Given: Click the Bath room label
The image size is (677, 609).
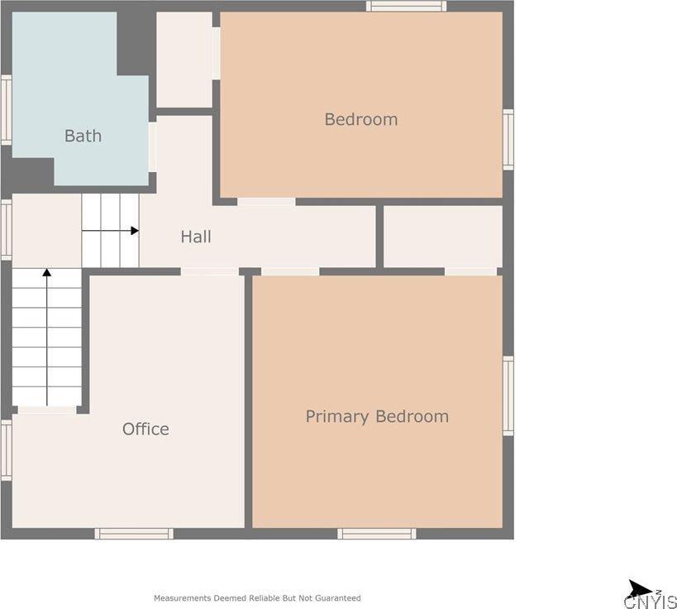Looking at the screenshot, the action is [83, 136].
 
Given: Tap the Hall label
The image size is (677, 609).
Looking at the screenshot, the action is [196, 237].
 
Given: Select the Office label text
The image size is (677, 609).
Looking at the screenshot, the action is [145, 429].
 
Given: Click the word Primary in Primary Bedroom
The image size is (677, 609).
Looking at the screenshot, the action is [337, 417].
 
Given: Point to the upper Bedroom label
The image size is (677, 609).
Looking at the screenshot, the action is [361, 119].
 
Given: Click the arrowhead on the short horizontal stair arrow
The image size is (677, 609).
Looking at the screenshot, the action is [135, 231].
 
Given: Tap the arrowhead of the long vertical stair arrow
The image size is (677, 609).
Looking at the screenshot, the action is [46, 272].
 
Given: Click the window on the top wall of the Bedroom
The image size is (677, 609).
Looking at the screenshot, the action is [407, 6].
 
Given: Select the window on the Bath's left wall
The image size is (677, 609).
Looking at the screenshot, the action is [6, 110].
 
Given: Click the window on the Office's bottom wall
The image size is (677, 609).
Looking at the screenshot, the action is [134, 534].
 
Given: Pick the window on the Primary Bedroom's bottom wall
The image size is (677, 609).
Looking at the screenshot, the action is [377, 534].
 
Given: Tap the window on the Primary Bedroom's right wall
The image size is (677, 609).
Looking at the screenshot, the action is [508, 396].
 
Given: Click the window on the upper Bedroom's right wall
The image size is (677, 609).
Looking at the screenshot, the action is [508, 140].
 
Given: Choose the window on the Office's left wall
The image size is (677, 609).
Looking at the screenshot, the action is [6, 450].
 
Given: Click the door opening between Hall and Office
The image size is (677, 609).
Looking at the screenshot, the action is [209, 271].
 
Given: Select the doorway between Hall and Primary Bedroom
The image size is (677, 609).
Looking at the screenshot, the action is [290, 271].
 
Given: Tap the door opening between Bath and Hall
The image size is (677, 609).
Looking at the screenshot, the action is [152, 147].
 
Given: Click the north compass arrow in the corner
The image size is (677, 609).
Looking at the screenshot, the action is [640, 589].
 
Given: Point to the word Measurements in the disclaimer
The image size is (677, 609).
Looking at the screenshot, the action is [183, 598].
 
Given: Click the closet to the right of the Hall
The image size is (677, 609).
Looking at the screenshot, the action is [443, 237].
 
